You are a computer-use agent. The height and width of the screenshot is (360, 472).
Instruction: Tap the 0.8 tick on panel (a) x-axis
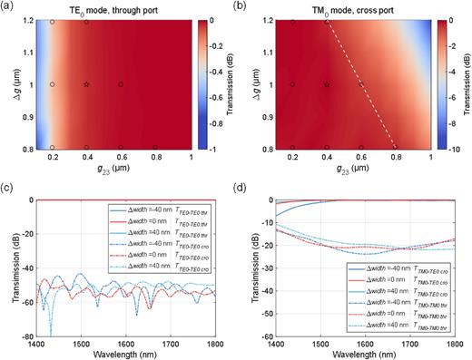coord(155,157)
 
